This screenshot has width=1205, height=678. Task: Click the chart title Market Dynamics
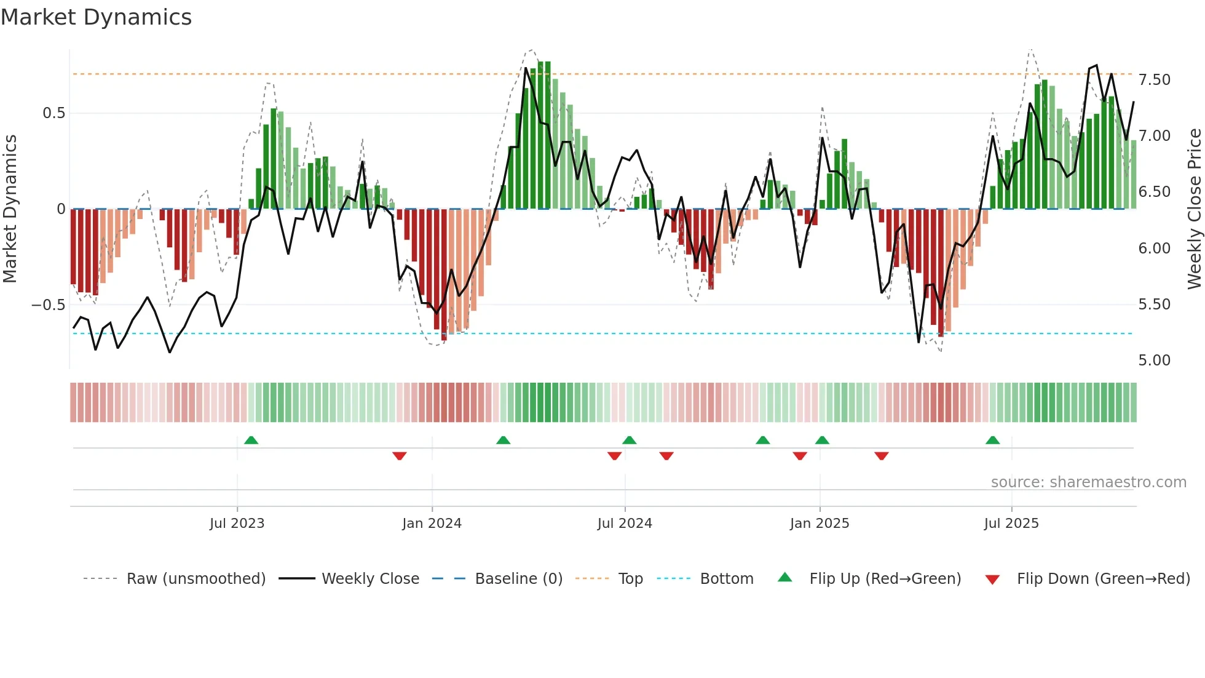[97, 17]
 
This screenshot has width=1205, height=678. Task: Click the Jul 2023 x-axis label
[237, 524]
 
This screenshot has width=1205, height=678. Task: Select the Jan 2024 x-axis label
[432, 524]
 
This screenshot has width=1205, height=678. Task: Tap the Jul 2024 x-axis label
[625, 524]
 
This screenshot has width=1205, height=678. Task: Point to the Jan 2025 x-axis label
[820, 524]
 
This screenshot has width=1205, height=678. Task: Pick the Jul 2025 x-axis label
[1011, 524]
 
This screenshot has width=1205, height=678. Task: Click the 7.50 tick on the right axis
[1154, 80]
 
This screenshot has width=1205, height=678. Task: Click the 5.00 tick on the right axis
[1154, 361]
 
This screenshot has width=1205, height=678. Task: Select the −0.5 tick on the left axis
[48, 305]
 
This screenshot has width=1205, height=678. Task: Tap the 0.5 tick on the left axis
[53, 113]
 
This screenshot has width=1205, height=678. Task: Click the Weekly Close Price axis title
[1194, 209]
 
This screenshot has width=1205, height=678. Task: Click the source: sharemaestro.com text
[1088, 482]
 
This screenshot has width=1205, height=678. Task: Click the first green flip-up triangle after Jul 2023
[251, 440]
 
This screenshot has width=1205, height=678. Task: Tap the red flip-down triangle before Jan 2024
[400, 456]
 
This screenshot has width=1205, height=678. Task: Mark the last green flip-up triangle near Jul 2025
[992, 440]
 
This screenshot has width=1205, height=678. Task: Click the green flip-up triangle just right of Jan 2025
[822, 440]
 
